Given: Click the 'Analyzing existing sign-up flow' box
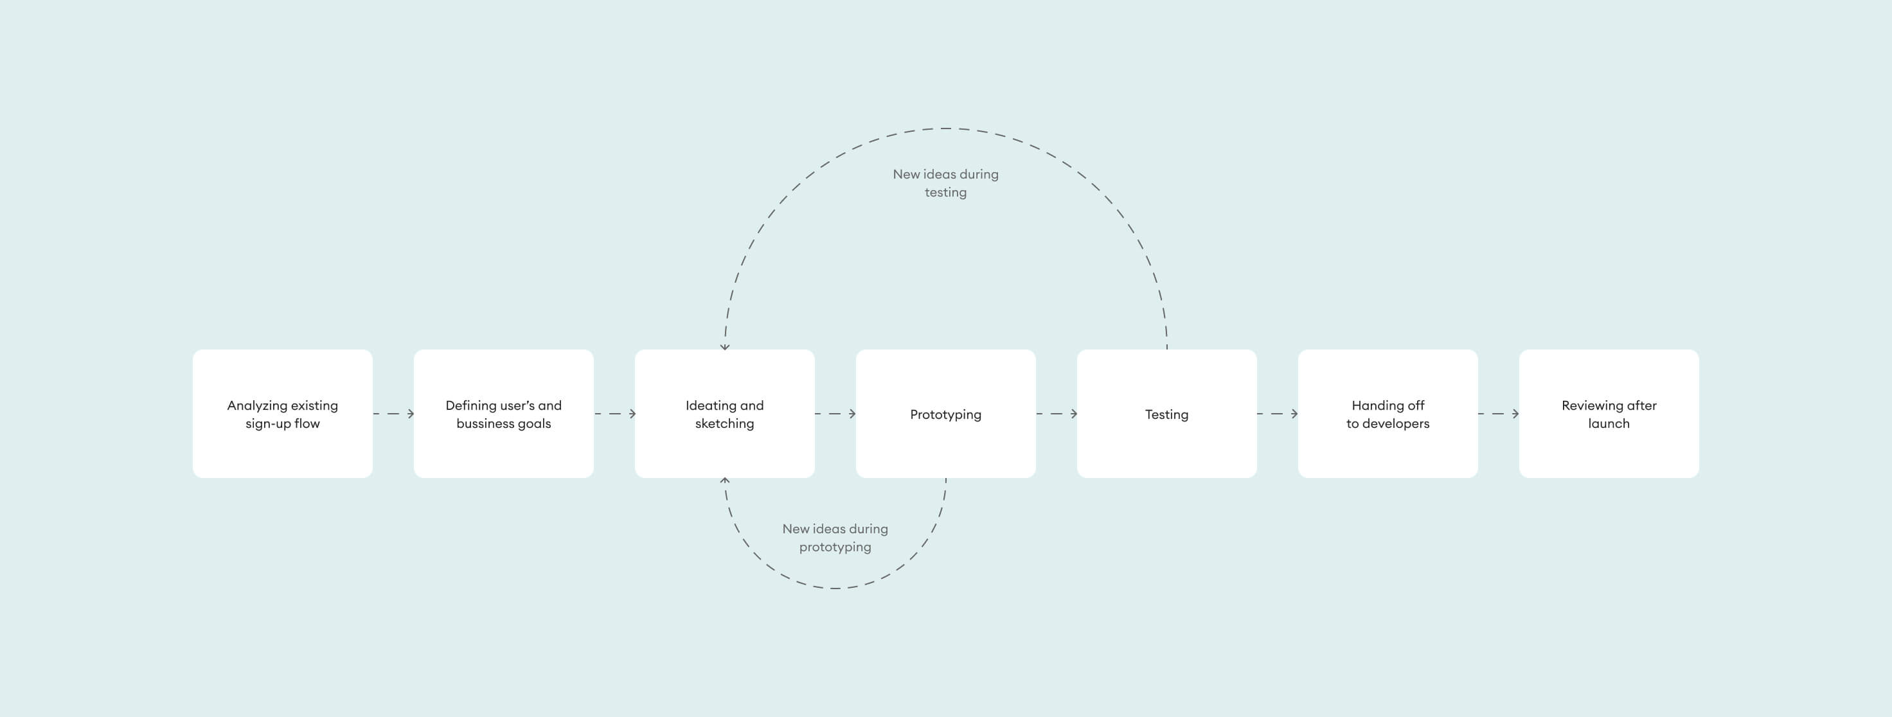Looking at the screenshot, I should pyautogui.click(x=282, y=414).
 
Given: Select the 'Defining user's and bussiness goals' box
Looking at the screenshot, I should pyautogui.click(x=503, y=414).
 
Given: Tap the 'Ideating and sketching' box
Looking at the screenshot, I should pyautogui.click(x=724, y=414).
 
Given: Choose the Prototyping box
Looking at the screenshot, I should pyautogui.click(x=945, y=414).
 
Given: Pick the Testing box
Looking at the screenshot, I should pyautogui.click(x=1166, y=414).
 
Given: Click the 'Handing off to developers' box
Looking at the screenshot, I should pyautogui.click(x=1388, y=414).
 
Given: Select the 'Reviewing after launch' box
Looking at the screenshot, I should pyautogui.click(x=1609, y=414).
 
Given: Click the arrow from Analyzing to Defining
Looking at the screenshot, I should pyautogui.click(x=394, y=414).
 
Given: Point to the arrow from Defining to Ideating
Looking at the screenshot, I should pyautogui.click(x=615, y=414).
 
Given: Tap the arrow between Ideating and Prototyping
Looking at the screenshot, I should pyautogui.click(x=836, y=414).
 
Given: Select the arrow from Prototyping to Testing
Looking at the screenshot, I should pyautogui.click(x=1057, y=414).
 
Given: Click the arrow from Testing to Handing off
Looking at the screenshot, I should pyautogui.click(x=1278, y=414).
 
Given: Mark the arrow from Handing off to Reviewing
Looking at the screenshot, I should pyautogui.click(x=1499, y=414).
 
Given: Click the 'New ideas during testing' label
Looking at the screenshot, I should pyautogui.click(x=945, y=183).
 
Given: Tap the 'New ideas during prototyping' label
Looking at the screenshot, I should pyautogui.click(x=835, y=538).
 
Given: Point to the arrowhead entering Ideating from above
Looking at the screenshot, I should pyautogui.click(x=725, y=346).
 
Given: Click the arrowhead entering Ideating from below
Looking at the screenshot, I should pyautogui.click(x=725, y=481).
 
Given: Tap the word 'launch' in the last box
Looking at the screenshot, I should pyautogui.click(x=1609, y=424).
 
